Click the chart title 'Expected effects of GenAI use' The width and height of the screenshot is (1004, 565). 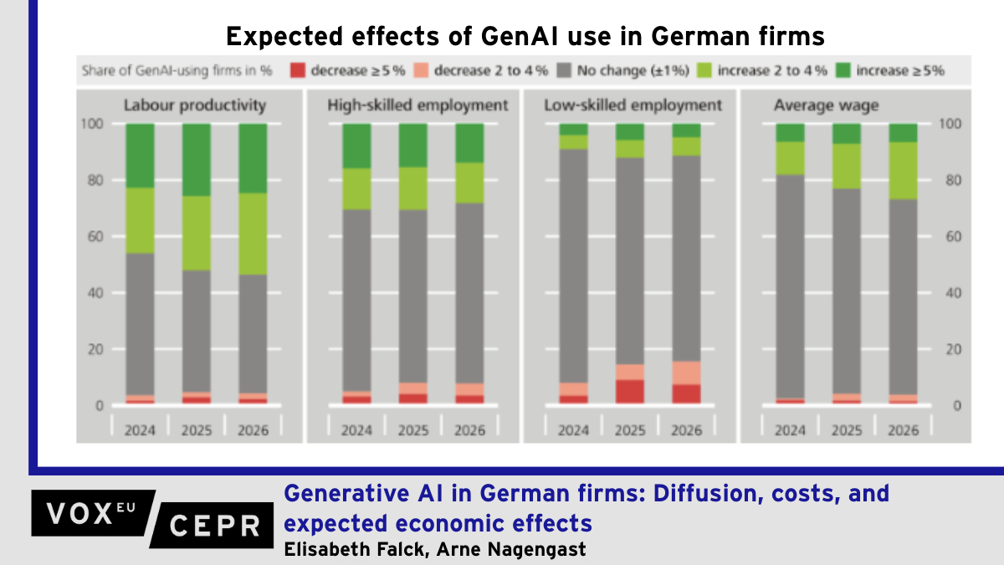click(x=525, y=37)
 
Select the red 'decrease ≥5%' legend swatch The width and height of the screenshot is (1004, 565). click(x=296, y=71)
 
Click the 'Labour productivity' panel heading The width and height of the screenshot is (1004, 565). click(x=195, y=105)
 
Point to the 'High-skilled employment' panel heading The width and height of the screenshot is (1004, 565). click(x=417, y=105)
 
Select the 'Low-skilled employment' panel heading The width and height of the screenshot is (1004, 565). click(x=633, y=105)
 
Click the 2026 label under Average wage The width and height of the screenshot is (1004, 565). click(x=903, y=430)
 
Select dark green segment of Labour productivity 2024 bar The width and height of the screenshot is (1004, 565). click(x=140, y=156)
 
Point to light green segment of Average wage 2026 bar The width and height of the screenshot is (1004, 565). click(x=903, y=171)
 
